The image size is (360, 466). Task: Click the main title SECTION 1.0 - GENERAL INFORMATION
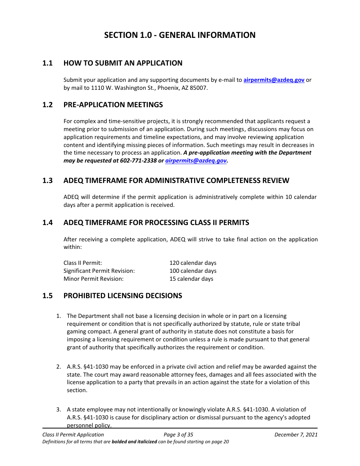point(180,35)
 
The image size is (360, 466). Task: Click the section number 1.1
point(47,63)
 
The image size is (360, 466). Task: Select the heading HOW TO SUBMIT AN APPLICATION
point(123,63)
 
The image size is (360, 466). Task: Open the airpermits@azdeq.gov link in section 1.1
point(274,80)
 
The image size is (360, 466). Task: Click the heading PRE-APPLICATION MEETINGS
point(113,105)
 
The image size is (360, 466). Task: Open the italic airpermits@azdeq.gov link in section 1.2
point(196,161)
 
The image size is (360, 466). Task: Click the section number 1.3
point(47,181)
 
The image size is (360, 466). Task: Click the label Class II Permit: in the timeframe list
point(83,263)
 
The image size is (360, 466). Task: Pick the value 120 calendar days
point(193,263)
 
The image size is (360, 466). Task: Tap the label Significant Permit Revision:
point(99,271)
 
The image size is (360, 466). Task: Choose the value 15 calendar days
point(191,279)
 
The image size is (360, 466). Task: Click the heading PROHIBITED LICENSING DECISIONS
point(123,296)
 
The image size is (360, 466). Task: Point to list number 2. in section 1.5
point(59,367)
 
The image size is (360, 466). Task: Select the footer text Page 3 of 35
point(178,435)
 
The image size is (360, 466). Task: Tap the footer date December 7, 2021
point(296,435)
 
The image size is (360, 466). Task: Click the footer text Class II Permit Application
point(73,435)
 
